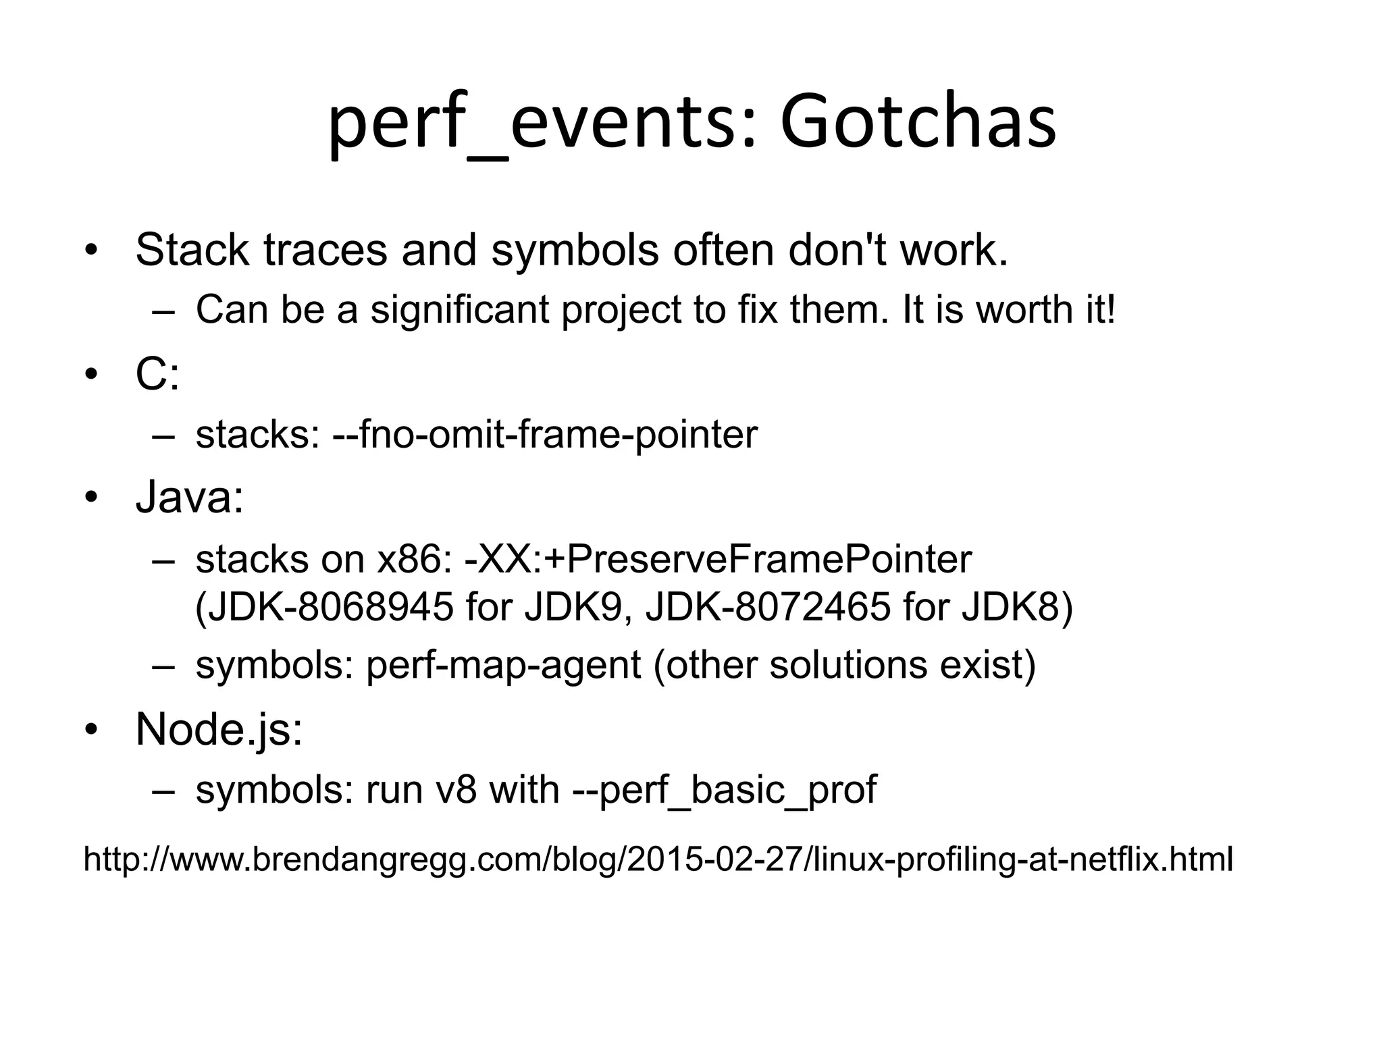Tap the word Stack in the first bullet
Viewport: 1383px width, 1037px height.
coord(192,250)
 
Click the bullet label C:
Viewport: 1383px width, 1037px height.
coord(157,375)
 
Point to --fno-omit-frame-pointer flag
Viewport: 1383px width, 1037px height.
coord(545,435)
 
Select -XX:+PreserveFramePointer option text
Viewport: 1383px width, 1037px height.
coord(718,560)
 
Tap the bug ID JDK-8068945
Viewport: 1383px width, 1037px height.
coord(324,607)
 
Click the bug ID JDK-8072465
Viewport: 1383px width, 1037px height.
coord(768,607)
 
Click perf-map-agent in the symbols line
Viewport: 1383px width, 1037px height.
coord(503,665)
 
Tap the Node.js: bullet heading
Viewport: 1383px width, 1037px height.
coord(219,730)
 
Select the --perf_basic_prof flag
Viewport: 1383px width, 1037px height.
coord(724,790)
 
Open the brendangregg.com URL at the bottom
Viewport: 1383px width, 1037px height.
coord(658,860)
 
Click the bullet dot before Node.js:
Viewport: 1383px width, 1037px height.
coord(92,730)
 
